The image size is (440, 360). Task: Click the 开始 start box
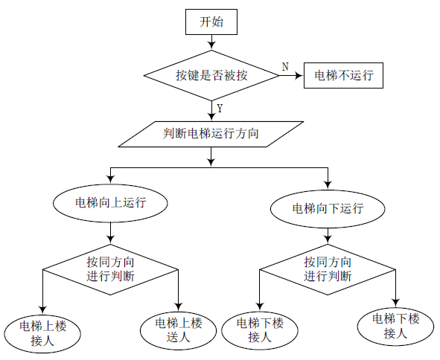coord(211,22)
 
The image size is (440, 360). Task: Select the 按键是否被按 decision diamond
coord(211,75)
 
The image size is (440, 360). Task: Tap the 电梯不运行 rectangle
coord(343,75)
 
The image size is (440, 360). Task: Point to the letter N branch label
coord(285,67)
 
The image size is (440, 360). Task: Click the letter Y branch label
coord(220,109)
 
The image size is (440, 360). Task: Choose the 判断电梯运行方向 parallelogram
coord(211,134)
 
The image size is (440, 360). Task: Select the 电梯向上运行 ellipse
coord(111,203)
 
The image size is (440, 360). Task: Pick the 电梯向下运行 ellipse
coord(328,209)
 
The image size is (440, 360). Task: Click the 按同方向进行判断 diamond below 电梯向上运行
coord(111,269)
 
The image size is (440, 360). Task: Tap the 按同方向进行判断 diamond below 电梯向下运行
coord(328,269)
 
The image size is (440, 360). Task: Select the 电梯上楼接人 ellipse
coord(42,334)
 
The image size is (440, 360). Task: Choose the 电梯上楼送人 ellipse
coord(179,330)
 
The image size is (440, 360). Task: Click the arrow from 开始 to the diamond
coord(211,42)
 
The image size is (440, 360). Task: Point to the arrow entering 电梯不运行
coord(292,75)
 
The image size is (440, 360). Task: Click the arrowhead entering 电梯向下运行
coord(328,185)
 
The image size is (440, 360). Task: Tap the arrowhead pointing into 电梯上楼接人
coord(42,309)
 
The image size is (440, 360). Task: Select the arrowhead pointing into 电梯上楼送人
coord(179,306)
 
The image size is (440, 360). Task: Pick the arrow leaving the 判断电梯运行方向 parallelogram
coord(211,157)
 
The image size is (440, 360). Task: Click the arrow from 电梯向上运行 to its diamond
coord(111,233)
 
